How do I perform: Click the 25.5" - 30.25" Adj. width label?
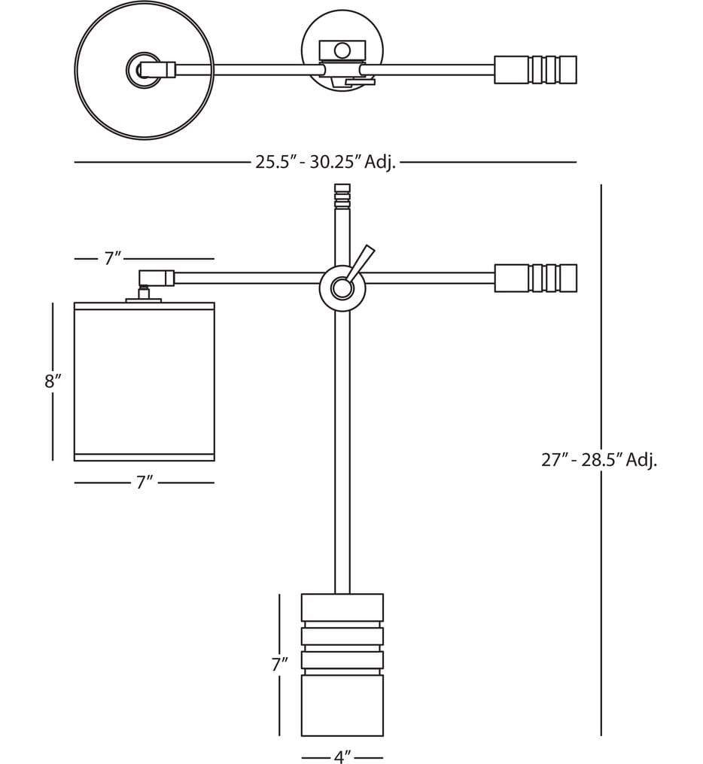coord(325,162)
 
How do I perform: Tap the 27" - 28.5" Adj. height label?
coord(599,459)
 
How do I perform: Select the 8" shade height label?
coord(53,381)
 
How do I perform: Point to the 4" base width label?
coord(342,756)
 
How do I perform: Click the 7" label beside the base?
coord(280,664)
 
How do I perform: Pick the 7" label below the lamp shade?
coord(145,482)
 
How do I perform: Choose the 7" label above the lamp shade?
coord(113,258)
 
